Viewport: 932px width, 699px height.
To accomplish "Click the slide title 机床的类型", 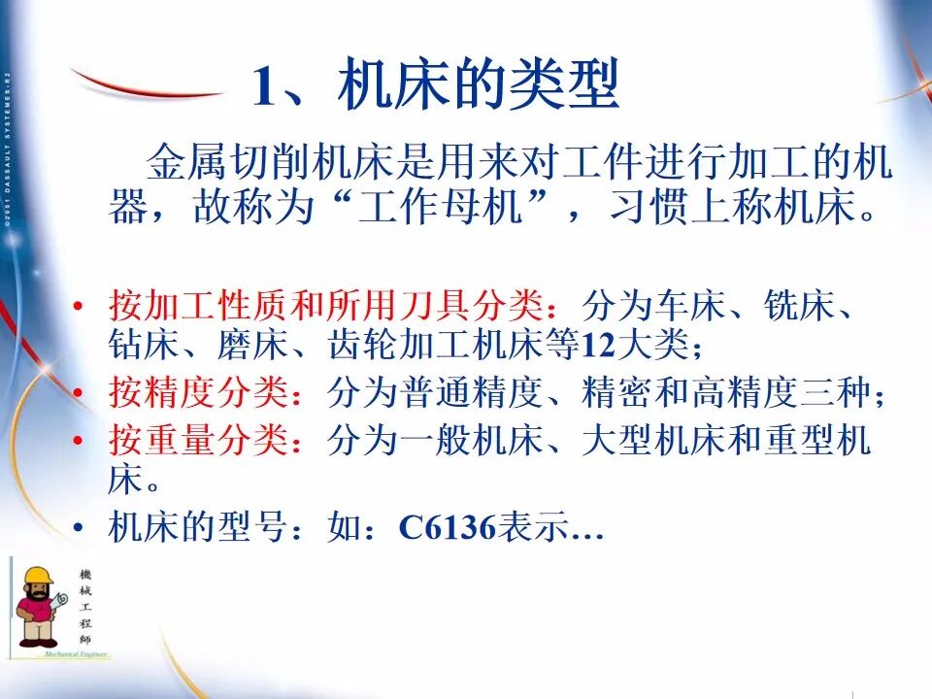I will pos(478,87).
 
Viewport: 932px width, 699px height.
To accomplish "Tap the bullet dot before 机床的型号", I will pos(81,529).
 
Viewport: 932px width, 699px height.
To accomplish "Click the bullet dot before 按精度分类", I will pos(81,394).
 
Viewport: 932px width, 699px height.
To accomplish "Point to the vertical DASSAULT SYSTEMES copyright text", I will pos(8,155).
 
